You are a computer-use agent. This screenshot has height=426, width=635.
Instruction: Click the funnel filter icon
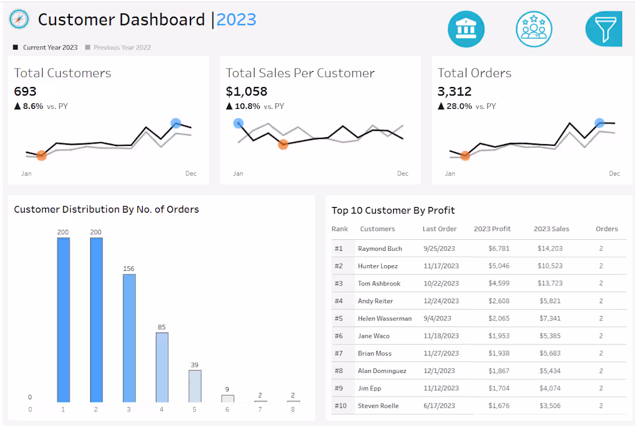point(604,28)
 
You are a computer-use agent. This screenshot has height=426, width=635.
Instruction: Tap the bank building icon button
point(466,28)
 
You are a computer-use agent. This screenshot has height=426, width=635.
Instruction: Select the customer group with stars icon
point(534,28)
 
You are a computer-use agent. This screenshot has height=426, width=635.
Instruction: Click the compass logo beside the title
point(19,20)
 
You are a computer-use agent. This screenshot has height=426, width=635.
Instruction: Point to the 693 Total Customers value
point(25,91)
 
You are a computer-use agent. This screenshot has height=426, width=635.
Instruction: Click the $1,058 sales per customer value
point(246,91)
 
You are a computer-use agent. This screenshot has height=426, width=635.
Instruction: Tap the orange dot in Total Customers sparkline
point(42,155)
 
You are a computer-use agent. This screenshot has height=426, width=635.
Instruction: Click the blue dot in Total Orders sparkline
point(599,123)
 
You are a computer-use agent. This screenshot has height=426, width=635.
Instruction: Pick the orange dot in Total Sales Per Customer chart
point(283,144)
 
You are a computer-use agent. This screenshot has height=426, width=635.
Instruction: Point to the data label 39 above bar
point(195,365)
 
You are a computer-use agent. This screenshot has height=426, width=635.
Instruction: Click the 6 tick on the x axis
point(227,409)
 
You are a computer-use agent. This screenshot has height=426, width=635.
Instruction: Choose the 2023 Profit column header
point(492,229)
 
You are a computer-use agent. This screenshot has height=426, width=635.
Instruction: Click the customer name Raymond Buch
point(380,248)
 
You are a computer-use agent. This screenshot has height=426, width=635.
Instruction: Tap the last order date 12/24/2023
point(440,301)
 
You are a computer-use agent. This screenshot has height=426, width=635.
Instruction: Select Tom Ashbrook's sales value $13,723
point(551,284)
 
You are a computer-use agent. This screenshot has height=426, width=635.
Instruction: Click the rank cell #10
point(340,406)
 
